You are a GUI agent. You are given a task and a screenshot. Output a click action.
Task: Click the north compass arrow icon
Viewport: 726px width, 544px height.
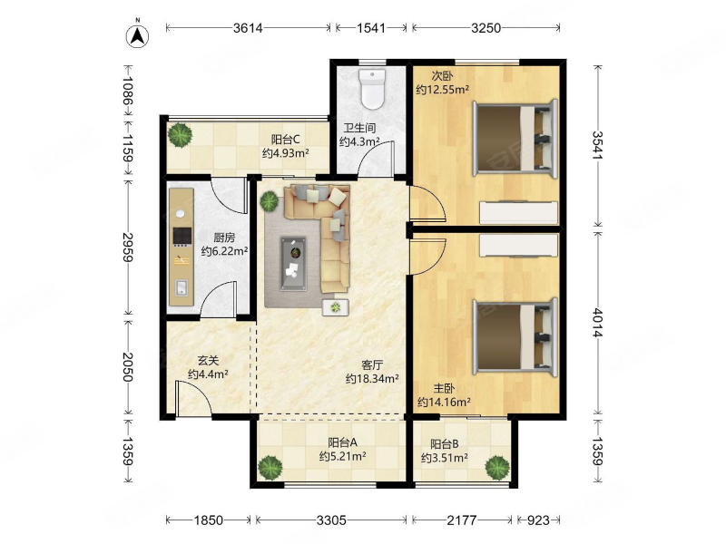pyautogui.click(x=138, y=35)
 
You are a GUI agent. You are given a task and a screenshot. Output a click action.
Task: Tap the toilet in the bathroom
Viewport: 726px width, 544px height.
pyautogui.click(x=373, y=89)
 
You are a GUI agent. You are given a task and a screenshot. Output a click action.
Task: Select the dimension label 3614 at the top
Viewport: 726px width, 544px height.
pyautogui.click(x=248, y=28)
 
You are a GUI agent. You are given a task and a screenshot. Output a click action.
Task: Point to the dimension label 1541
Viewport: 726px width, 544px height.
pyautogui.click(x=371, y=28)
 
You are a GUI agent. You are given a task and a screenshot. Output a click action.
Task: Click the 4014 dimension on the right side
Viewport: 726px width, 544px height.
pyautogui.click(x=598, y=323)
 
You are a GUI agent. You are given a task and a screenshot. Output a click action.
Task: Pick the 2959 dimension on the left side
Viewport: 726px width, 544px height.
pyautogui.click(x=128, y=247)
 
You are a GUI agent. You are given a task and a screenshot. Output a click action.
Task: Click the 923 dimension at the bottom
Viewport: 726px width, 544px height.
pyautogui.click(x=538, y=520)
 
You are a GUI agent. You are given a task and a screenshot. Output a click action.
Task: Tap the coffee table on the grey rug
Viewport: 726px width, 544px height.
pyautogui.click(x=293, y=264)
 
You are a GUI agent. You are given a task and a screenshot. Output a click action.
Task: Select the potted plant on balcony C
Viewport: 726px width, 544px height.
pyautogui.click(x=180, y=134)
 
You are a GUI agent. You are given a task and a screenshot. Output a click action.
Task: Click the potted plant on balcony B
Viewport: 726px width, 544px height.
pyautogui.click(x=497, y=468)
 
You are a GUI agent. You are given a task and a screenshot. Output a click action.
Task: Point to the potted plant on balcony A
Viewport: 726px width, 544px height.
pyautogui.click(x=270, y=468)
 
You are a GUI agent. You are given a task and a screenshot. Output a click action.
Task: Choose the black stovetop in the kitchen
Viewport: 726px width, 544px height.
pyautogui.click(x=182, y=236)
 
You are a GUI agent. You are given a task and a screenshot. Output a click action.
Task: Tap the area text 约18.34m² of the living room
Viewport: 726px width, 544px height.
pyautogui.click(x=372, y=379)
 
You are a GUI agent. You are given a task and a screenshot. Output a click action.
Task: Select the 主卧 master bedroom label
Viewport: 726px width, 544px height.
pyautogui.click(x=444, y=389)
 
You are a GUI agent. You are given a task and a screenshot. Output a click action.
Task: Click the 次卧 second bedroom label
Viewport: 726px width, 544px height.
pyautogui.click(x=442, y=76)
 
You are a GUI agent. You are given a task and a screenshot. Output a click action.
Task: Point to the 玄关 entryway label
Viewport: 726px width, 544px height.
pyautogui.click(x=208, y=360)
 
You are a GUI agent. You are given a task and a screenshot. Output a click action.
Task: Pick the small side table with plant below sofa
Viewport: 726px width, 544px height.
pyautogui.click(x=336, y=307)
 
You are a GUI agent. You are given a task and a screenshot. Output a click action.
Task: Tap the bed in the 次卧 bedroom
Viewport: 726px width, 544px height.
pyautogui.click(x=515, y=138)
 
